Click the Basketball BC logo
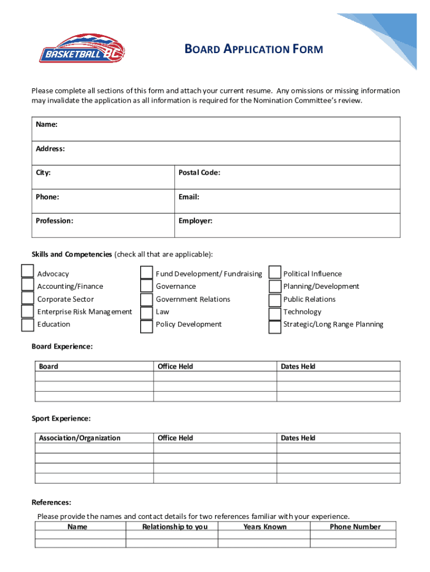pos(82,49)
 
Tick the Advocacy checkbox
pos(27,271)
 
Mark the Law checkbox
pos(146,313)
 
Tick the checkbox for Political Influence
pos(275,272)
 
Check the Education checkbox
pos(27,325)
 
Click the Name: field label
pos(47,125)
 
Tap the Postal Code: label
pos(199,173)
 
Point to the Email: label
pos(189,197)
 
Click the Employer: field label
pos(195,221)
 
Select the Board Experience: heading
pos(62,346)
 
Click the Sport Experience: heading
pos(61,418)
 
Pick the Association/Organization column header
pos(79,438)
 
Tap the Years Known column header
pos(265,527)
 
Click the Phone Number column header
pos(355,527)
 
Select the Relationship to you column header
pos(175,527)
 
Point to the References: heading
pos(51,502)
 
